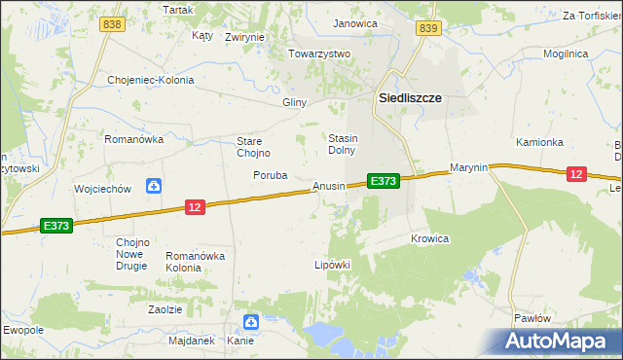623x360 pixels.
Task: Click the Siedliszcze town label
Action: [410, 98]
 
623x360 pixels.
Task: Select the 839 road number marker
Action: [427, 29]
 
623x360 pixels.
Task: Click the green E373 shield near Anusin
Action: [383, 181]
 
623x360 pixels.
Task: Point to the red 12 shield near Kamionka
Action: [576, 173]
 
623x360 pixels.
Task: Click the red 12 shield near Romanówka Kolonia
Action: [195, 207]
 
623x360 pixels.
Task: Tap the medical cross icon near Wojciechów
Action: [153, 186]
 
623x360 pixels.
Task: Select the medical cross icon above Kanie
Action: [250, 322]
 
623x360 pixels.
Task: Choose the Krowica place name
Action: [429, 238]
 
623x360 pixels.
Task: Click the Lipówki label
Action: [331, 264]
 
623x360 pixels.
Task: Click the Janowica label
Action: [354, 22]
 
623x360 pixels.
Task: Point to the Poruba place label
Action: [270, 176]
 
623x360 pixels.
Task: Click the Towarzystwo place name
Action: [318, 54]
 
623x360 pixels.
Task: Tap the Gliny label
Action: [294, 102]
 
